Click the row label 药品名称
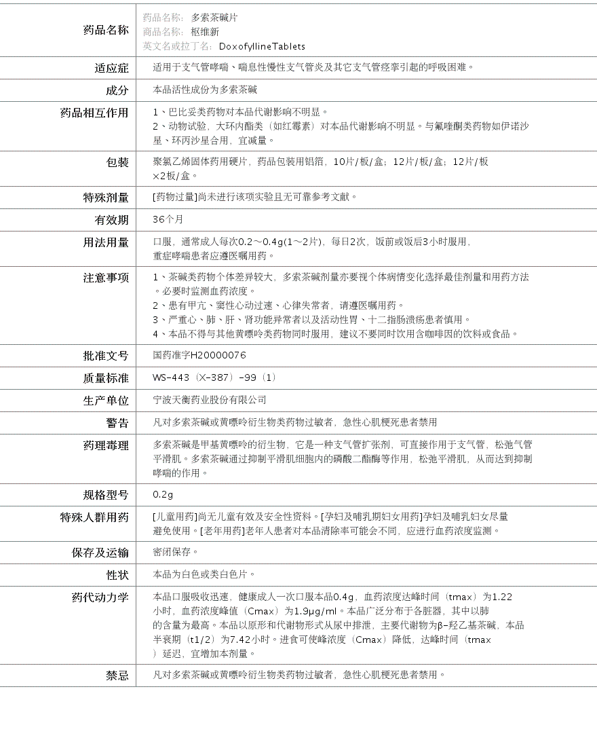105,30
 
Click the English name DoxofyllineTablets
262,46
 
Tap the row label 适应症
111,68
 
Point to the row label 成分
117,90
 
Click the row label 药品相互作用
94,113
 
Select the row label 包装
117,162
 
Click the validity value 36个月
168,219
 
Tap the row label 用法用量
105,242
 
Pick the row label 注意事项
105,278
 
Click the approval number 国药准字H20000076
199,355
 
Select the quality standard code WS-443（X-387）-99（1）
215,377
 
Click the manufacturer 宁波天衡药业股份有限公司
210,400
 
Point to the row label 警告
117,423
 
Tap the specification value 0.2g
163,494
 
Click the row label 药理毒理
105,445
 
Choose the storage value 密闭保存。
176,552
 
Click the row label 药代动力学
100,597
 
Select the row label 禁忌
117,676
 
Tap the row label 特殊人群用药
94,517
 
